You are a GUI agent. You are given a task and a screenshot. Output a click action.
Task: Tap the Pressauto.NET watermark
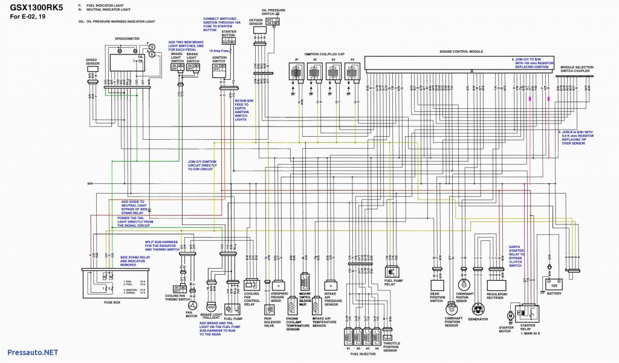coord(33,352)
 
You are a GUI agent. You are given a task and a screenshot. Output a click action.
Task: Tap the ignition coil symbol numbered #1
coord(297,72)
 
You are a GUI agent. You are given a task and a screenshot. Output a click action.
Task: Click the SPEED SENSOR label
coord(92,64)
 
